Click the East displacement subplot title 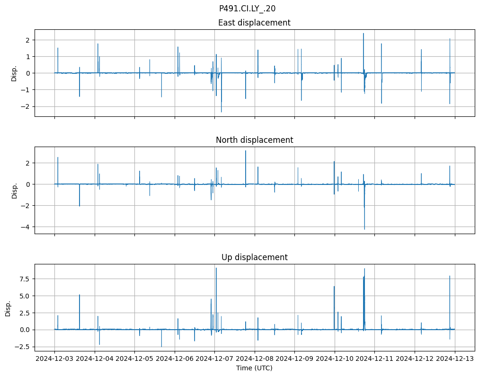[x=254, y=23]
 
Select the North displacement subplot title [x=254, y=140]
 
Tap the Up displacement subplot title [x=254, y=257]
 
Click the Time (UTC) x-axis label [x=254, y=368]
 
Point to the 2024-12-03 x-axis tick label [x=54, y=359]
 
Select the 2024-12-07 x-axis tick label [x=214, y=359]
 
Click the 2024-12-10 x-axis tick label [x=335, y=359]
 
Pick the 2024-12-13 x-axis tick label [x=455, y=359]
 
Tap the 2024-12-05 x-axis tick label [x=134, y=359]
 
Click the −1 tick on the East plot [x=26, y=90]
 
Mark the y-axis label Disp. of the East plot [x=14, y=73]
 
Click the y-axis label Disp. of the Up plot [x=8, y=308]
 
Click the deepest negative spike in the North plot [x=364, y=229]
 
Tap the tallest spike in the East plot [x=364, y=34]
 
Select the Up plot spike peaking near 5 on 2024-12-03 [x=80, y=295]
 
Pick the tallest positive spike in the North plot [x=246, y=151]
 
